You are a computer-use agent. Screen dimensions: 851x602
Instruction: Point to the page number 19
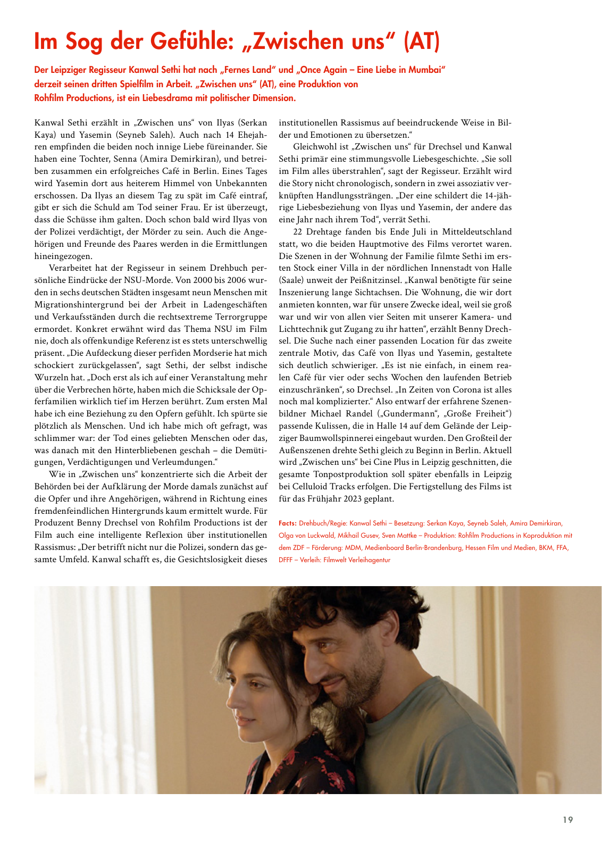(568, 820)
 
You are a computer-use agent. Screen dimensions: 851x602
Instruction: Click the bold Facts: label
(288, 523)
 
